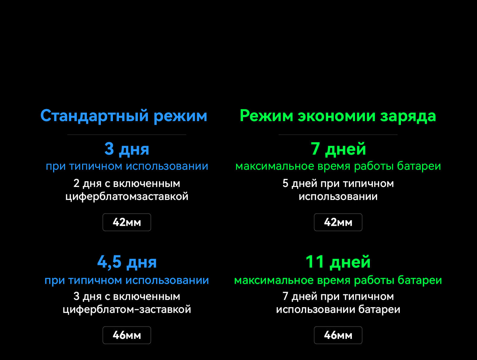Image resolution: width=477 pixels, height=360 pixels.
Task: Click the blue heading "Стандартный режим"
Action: click(x=124, y=116)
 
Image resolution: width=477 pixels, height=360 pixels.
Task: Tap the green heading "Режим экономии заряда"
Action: click(x=338, y=116)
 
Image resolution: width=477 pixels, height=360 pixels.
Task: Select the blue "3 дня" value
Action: click(x=127, y=149)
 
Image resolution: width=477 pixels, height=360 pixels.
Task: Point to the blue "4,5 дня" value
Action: click(x=127, y=262)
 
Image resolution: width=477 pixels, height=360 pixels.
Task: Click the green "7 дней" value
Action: click(x=338, y=149)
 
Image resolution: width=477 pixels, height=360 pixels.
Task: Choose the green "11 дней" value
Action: click(x=338, y=262)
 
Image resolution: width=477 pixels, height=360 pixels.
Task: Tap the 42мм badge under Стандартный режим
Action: click(x=127, y=222)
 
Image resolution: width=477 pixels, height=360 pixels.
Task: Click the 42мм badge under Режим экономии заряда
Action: click(x=338, y=222)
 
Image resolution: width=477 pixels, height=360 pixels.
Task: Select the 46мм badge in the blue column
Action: click(x=127, y=335)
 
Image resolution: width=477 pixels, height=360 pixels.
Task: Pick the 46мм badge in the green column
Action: click(x=338, y=335)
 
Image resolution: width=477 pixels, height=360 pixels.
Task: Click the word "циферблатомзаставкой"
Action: click(x=127, y=197)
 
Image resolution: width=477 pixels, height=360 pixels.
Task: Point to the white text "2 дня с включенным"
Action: click(x=127, y=184)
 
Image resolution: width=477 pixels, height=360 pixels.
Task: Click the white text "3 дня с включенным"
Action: click(x=127, y=297)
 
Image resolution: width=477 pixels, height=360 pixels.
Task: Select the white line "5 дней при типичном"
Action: click(x=338, y=184)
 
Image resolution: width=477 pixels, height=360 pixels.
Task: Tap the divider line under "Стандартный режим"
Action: click(x=127, y=135)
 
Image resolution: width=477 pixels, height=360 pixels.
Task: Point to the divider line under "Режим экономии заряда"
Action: click(x=338, y=135)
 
